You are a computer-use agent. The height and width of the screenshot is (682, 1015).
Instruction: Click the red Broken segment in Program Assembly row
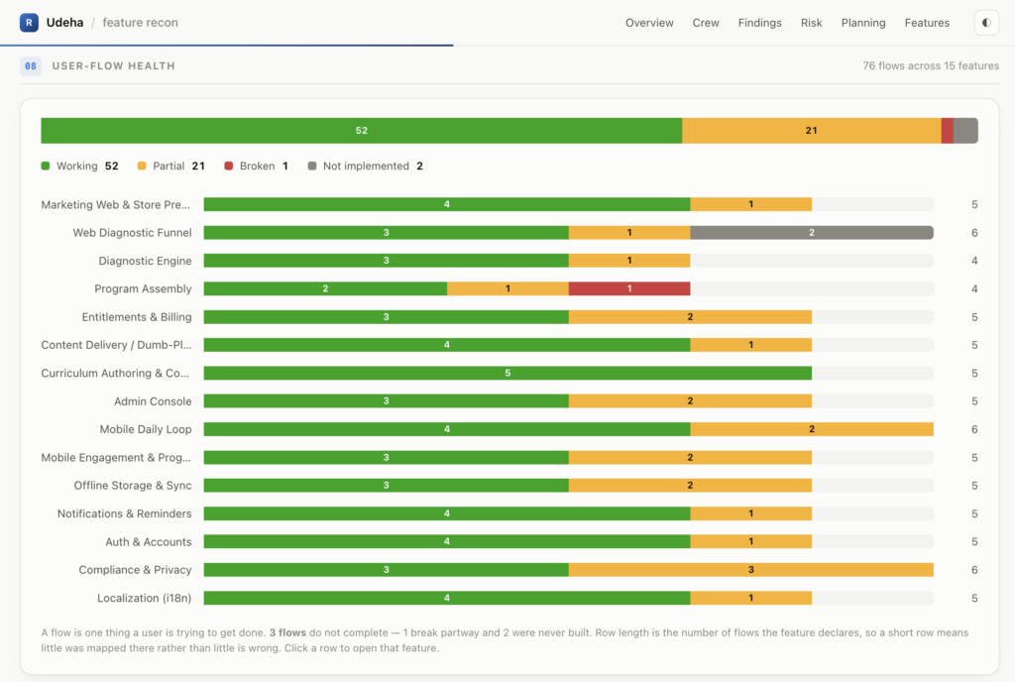[629, 288]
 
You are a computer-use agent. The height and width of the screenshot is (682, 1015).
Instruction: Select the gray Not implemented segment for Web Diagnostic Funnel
[812, 232]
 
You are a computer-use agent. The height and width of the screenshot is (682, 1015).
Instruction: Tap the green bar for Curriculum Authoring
[507, 374]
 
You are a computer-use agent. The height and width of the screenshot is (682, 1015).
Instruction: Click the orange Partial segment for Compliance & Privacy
[751, 570]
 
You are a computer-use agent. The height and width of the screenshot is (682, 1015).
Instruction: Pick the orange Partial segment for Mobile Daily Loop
[812, 429]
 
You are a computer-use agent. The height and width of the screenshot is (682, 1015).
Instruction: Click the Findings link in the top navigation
[760, 23]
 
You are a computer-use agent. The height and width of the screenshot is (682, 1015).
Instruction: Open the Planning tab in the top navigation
[863, 23]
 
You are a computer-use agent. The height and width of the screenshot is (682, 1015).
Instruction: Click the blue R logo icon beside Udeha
[29, 23]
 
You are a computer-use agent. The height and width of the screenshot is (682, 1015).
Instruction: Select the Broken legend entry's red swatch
[229, 167]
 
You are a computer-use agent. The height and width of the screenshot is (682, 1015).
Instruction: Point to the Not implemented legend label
[366, 167]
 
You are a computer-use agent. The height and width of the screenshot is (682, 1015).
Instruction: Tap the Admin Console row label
[153, 401]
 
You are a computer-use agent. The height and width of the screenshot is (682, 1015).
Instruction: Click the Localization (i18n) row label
[145, 598]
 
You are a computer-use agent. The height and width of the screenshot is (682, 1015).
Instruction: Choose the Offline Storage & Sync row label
[133, 486]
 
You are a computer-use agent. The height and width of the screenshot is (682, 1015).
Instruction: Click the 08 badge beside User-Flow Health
[31, 66]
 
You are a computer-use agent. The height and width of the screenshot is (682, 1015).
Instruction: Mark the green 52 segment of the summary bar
[361, 131]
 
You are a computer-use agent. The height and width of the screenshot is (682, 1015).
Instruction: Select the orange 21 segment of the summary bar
[812, 131]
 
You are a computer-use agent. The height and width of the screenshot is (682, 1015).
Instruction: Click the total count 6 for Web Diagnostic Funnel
[974, 233]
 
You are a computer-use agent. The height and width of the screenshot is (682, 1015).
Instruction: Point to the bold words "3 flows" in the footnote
[288, 632]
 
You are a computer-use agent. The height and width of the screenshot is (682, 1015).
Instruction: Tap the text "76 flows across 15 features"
[931, 66]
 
